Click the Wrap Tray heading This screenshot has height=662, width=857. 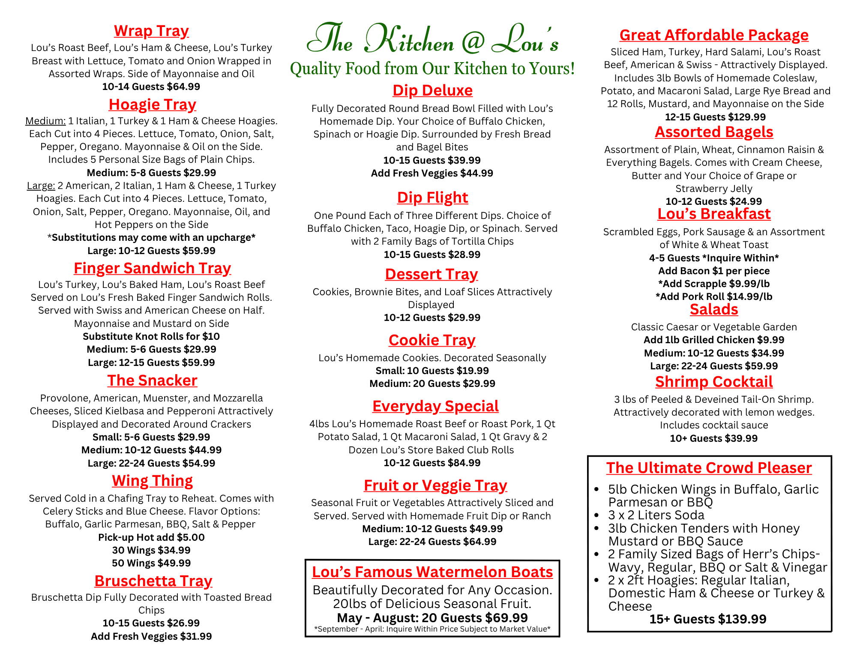coord(151,31)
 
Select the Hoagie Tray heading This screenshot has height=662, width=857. coord(152,105)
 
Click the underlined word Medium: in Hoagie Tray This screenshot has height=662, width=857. coord(45,121)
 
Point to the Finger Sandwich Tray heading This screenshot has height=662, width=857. coord(152,268)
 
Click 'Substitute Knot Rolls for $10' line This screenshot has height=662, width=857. coord(151,336)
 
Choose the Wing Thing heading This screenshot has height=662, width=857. coord(152,481)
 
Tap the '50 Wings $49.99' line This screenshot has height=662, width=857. coord(151,563)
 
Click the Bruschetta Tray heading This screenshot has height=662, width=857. coord(153,581)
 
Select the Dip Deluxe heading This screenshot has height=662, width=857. coord(432,90)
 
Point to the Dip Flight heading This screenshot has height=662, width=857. coord(432,198)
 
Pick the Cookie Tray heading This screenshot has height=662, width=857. coord(432,340)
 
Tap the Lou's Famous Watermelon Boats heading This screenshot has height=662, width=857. coord(432,572)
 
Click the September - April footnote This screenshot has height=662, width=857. coord(432,629)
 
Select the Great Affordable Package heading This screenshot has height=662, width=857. coord(714,35)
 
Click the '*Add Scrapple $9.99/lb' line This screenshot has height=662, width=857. coord(714,284)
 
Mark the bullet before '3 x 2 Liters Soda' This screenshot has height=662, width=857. coord(596,515)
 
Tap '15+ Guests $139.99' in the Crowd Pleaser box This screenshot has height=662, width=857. coord(708,619)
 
